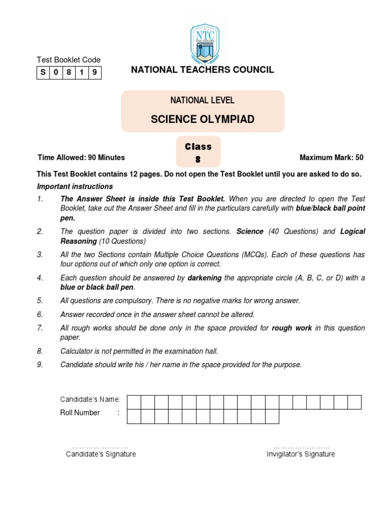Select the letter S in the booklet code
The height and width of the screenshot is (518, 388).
(43, 73)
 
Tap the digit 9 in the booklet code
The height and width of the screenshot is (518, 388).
(94, 73)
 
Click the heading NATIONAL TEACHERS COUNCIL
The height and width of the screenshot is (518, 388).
(203, 70)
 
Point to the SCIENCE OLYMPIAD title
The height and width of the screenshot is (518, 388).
(203, 119)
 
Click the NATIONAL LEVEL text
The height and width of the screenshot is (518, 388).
(203, 100)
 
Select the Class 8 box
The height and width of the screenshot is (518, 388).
(198, 152)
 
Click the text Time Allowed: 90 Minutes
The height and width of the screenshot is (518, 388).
(81, 157)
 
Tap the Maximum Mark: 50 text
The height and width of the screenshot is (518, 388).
(331, 157)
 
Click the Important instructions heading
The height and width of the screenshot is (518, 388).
(75, 186)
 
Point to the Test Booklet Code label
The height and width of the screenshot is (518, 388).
(69, 60)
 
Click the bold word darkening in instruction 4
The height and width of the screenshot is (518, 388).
(205, 278)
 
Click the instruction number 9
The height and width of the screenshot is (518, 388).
(40, 364)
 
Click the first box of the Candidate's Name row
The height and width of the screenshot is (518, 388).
(134, 402)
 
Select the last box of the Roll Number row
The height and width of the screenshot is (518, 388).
(272, 416)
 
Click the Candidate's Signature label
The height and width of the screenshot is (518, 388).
(101, 454)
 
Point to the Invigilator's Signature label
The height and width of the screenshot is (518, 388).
(301, 454)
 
